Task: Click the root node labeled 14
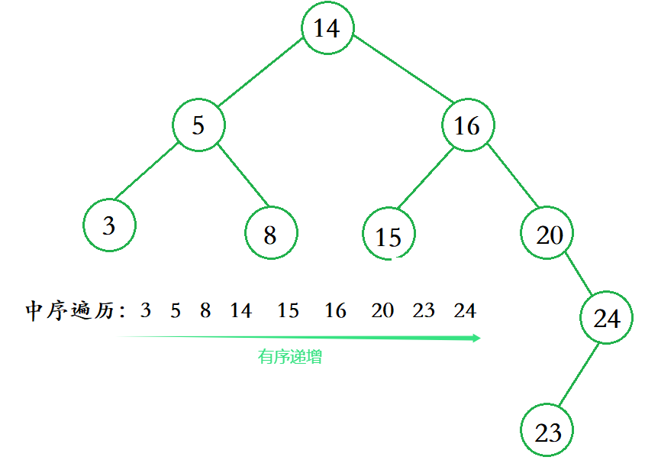tap(327, 28)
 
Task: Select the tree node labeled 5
tap(198, 125)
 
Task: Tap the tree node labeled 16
tap(467, 125)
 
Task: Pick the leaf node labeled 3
tap(109, 225)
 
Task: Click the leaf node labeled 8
tap(271, 234)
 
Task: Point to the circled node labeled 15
tap(389, 235)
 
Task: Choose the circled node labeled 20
tap(548, 234)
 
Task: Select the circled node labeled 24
tap(606, 317)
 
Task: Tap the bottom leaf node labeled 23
tap(547, 432)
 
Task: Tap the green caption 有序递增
tap(289, 357)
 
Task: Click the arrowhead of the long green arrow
tap(476, 338)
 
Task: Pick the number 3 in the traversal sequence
tap(146, 311)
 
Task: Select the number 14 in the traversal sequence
tap(240, 311)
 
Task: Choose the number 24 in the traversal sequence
tap(464, 311)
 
